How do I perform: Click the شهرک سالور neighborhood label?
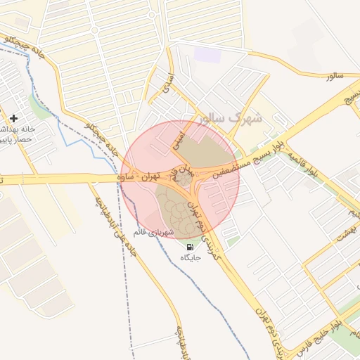pyautogui.click(x=229, y=118)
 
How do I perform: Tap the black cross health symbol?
pyautogui.click(x=13, y=117)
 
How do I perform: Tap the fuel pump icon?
pyautogui.click(x=190, y=247)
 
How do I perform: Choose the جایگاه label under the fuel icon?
pyautogui.click(x=191, y=258)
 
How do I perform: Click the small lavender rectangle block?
pyautogui.click(x=207, y=54)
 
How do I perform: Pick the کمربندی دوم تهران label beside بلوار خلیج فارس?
pyautogui.click(x=264, y=330)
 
